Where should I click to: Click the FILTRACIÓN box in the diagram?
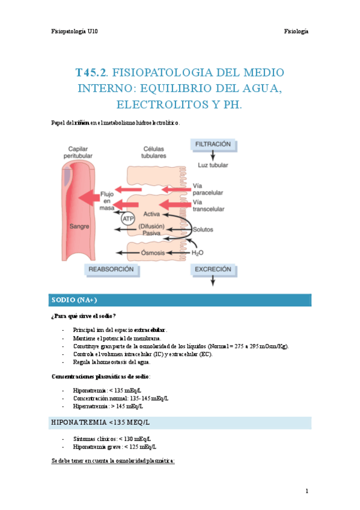213,144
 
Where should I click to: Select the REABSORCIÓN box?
111,270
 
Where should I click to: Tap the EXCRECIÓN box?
213,270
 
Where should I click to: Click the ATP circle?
129,219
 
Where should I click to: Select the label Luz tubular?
213,165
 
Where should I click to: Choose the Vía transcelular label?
209,206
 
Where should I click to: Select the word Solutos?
203,230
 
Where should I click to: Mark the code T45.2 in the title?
91,73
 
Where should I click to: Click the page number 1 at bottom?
307,491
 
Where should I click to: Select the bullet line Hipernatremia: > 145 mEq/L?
104,407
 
